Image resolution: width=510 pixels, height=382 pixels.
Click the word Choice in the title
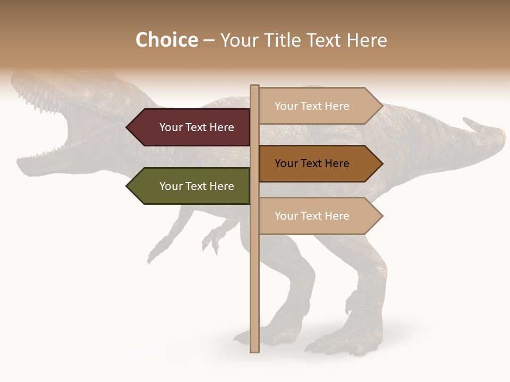point(166,40)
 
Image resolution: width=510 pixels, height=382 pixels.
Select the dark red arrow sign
point(191,127)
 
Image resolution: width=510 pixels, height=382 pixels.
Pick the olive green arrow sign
point(191,186)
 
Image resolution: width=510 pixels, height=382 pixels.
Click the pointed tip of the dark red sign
point(128,127)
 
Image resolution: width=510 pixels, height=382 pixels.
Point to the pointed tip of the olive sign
point(128,186)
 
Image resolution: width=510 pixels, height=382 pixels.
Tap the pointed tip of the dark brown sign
point(381,163)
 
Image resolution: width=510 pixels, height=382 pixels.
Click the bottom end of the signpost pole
point(254,350)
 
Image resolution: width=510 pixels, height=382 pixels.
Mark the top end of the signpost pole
point(254,86)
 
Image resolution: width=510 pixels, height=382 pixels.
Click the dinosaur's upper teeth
point(40,101)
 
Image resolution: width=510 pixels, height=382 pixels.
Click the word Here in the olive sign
point(222,186)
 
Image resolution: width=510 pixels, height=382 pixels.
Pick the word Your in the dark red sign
point(170,127)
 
